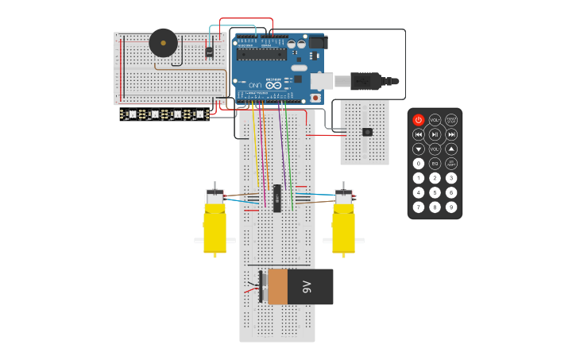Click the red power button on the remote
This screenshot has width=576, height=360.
(419, 120)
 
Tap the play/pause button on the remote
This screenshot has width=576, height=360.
(435, 134)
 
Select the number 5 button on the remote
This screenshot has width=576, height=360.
(435, 192)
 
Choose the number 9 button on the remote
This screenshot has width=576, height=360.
(451, 207)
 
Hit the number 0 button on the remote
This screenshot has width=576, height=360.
(419, 163)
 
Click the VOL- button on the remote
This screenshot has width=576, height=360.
(435, 149)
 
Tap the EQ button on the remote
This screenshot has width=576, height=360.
(435, 163)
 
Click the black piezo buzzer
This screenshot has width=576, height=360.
(163, 42)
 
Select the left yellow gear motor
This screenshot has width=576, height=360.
(215, 223)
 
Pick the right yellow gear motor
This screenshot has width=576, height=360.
(343, 223)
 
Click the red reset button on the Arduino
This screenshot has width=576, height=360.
(315, 98)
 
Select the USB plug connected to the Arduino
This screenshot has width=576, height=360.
(365, 80)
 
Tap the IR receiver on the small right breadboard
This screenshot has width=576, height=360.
(366, 131)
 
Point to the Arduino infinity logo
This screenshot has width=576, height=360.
(254, 84)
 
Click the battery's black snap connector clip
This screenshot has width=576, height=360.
(261, 286)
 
